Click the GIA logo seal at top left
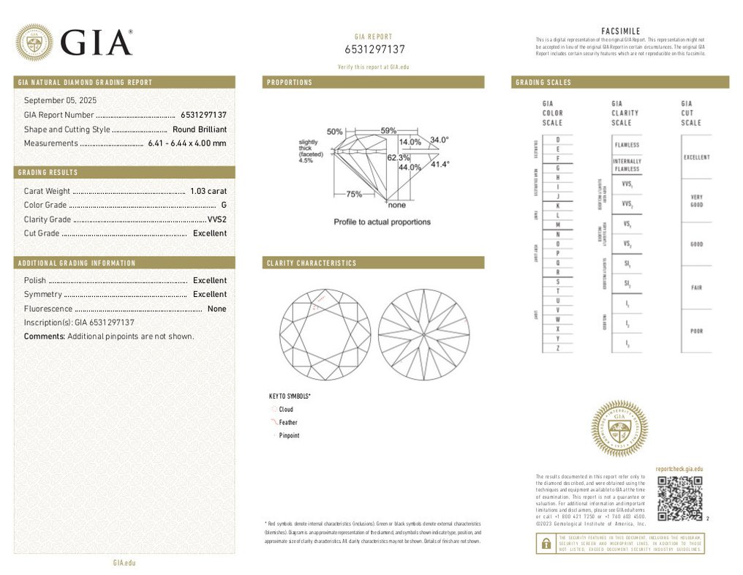pyautogui.click(x=34, y=42)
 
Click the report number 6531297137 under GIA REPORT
pyautogui.click(x=374, y=49)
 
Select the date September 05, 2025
pyautogui.click(x=60, y=100)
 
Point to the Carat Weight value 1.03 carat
pyautogui.click(x=208, y=191)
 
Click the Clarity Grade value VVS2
pyautogui.click(x=216, y=219)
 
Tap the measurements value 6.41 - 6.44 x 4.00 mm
pyautogui.click(x=186, y=143)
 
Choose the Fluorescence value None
pyautogui.click(x=216, y=309)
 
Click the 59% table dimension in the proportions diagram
pyautogui.click(x=388, y=131)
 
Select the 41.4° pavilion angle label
pyautogui.click(x=440, y=165)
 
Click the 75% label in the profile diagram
pyautogui.click(x=354, y=195)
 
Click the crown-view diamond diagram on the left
pyautogui.click(x=326, y=333)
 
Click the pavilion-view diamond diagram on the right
pyautogui.click(x=424, y=333)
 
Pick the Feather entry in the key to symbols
pyautogui.click(x=288, y=423)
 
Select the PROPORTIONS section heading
pyautogui.click(x=290, y=83)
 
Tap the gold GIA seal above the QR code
pyautogui.click(x=619, y=428)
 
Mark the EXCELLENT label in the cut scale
pyautogui.click(x=696, y=158)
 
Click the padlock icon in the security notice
pyautogui.click(x=546, y=544)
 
